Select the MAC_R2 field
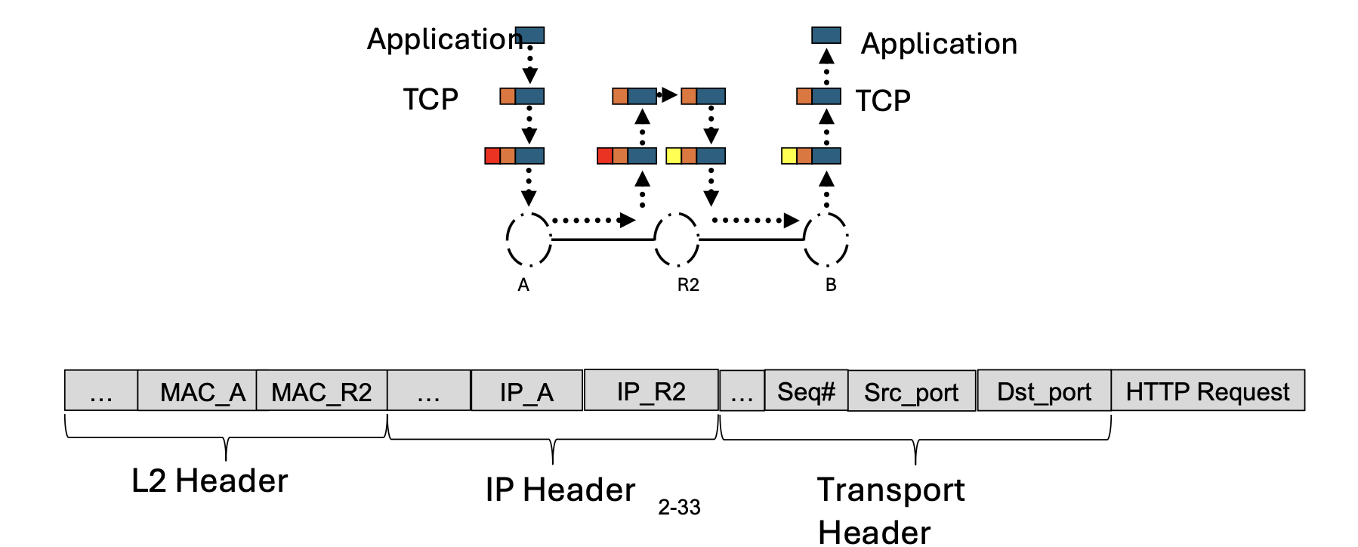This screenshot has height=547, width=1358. (322, 391)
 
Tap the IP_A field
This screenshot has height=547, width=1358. (527, 391)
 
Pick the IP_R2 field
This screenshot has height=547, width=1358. (651, 391)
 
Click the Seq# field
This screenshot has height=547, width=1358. (806, 391)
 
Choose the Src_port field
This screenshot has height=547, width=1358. (912, 391)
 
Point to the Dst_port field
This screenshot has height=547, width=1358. (1044, 391)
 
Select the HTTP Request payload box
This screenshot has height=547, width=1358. (1207, 391)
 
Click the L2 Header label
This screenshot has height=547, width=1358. (210, 481)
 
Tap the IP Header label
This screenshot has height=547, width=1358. (560, 490)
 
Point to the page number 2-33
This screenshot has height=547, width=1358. (679, 508)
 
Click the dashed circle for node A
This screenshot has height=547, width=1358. (529, 240)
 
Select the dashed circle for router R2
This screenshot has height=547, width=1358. (677, 240)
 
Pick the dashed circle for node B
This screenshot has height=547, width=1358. (826, 240)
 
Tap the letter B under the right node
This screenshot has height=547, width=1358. (831, 286)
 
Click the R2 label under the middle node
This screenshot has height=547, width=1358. (688, 286)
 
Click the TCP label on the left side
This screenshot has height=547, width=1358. (431, 99)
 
